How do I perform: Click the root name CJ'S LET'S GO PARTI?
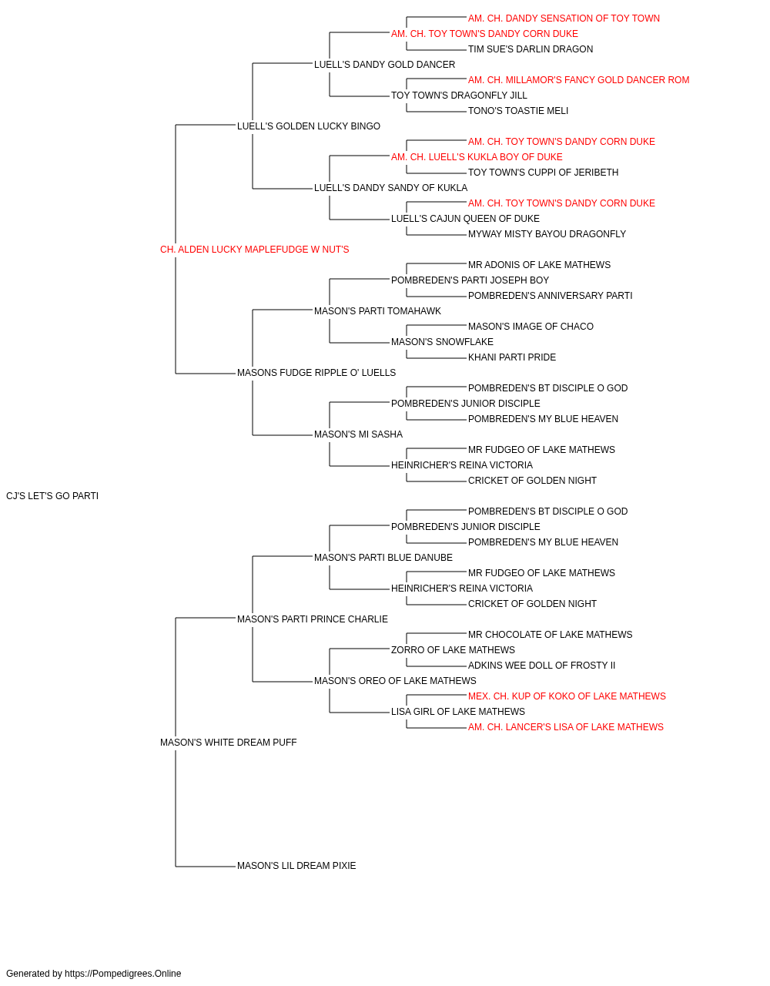pyautogui.click(x=52, y=496)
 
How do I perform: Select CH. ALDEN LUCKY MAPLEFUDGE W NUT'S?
pyautogui.click(x=254, y=250)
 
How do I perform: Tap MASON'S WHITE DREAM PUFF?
pyautogui.click(x=228, y=743)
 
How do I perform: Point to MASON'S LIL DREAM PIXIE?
pyautogui.click(x=296, y=866)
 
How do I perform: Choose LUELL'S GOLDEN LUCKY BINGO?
pyautogui.click(x=308, y=126)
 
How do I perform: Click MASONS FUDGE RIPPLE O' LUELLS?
pyautogui.click(x=316, y=373)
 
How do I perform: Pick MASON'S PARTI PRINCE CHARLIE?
pyautogui.click(x=313, y=619)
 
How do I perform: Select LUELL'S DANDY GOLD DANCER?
pyautogui.click(x=384, y=65)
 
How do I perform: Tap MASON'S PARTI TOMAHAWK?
pyautogui.click(x=377, y=310)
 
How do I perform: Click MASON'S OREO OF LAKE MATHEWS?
pyautogui.click(x=395, y=681)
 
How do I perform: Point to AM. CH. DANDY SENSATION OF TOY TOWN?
pyautogui.click(x=564, y=18)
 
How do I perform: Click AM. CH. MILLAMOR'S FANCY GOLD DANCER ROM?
pyautogui.click(x=578, y=80)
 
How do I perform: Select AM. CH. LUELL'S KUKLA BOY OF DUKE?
pyautogui.click(x=477, y=157)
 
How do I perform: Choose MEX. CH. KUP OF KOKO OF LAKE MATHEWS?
pyautogui.click(x=567, y=696)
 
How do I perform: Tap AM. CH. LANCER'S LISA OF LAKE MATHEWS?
pyautogui.click(x=565, y=727)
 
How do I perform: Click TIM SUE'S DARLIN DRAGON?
pyautogui.click(x=531, y=49)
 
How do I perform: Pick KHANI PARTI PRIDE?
pyautogui.click(x=512, y=357)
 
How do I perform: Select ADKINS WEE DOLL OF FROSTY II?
pyautogui.click(x=541, y=666)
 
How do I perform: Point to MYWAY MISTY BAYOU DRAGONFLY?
pyautogui.click(x=547, y=234)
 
